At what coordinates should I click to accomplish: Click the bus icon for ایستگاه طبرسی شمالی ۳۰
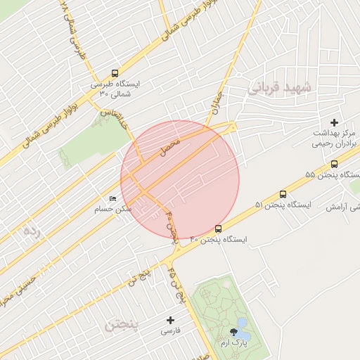[115, 73]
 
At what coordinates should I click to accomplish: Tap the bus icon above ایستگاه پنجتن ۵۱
[283, 194]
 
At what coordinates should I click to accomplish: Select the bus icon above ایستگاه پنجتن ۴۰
[218, 229]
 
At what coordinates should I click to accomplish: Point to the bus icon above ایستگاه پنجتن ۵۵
[334, 165]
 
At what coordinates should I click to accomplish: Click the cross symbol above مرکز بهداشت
[334, 122]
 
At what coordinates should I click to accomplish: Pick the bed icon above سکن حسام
[113, 199]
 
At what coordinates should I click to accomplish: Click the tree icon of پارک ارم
[232, 331]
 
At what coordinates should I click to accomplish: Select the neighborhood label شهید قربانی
[278, 87]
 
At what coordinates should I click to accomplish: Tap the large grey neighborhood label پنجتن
[122, 325]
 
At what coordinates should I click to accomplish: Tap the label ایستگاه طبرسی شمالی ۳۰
[115, 88]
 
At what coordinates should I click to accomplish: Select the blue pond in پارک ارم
[242, 323]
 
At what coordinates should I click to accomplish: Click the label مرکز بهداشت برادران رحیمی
[334, 137]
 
